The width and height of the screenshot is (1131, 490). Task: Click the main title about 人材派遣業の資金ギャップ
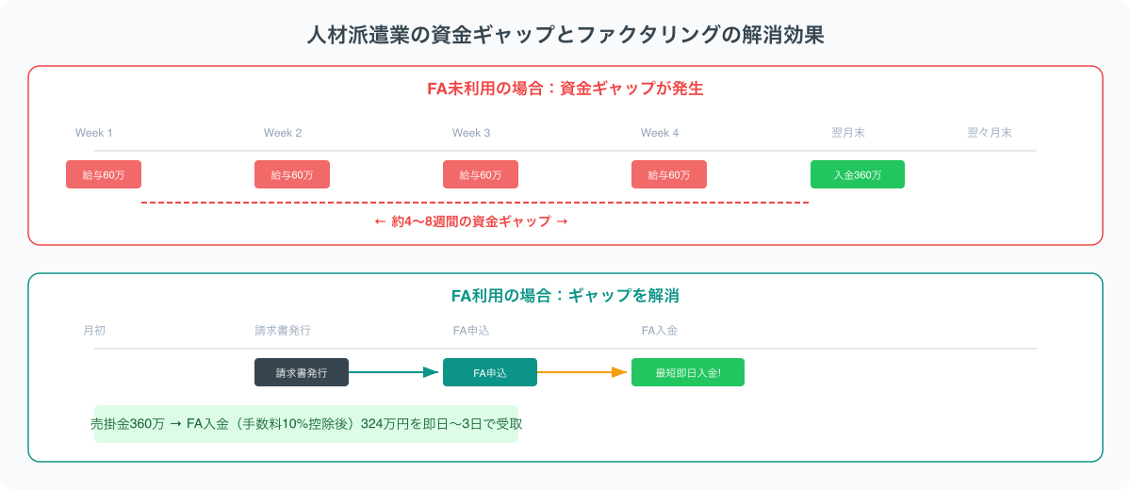[565, 36]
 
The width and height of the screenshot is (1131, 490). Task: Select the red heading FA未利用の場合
[565, 90]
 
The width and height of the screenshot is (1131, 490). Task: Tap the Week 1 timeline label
[94, 133]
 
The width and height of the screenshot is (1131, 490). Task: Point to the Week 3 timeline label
[471, 133]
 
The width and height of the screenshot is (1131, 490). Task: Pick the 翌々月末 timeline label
[989, 133]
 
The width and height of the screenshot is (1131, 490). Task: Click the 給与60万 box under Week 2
[292, 174]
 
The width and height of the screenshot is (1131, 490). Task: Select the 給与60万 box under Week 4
[669, 174]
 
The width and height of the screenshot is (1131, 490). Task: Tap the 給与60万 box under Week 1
[104, 174]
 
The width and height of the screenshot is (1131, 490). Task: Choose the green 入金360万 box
[858, 174]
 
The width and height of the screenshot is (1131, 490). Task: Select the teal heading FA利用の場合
[565, 295]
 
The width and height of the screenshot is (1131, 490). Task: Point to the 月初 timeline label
[94, 331]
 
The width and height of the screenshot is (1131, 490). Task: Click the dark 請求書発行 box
[302, 372]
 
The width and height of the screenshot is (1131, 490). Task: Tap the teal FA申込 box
[490, 372]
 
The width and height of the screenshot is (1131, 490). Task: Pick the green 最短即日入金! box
[688, 372]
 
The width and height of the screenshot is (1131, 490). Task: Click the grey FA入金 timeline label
[660, 331]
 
